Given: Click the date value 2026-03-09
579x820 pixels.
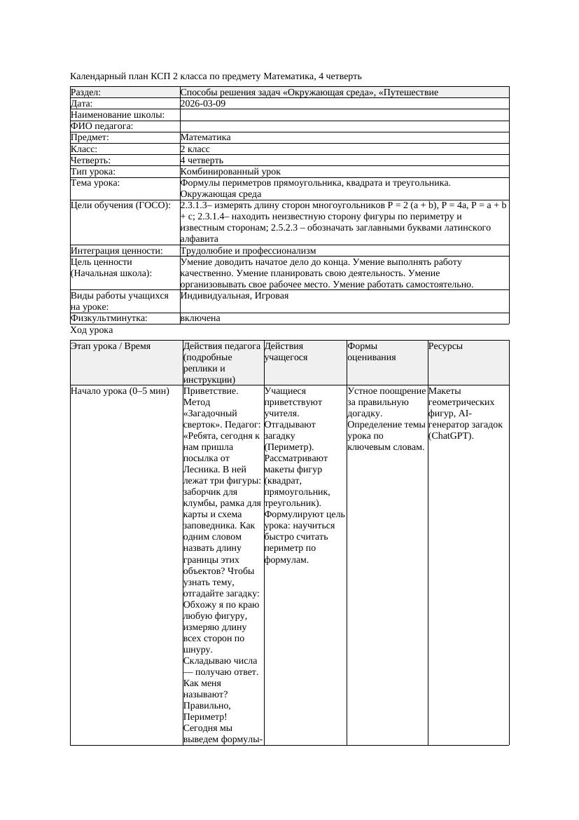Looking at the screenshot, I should [203, 104].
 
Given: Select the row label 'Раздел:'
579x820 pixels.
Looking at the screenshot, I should [86, 93].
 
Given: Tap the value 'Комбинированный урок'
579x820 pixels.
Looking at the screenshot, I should [230, 172].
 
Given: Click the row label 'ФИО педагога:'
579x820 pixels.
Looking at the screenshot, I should [102, 126].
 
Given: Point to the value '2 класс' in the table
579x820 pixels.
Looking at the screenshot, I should [195, 149].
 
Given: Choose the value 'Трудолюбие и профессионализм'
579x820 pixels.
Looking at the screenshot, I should [248, 251].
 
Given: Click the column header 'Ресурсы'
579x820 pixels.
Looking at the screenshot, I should [445, 346].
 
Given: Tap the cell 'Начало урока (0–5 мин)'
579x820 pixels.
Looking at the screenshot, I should [120, 391].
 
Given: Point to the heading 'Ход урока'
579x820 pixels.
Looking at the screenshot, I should [92, 330].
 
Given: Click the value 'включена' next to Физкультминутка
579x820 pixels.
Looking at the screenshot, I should [200, 318].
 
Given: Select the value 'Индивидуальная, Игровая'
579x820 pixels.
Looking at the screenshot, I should [235, 296].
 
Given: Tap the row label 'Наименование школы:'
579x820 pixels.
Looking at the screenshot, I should [118, 115].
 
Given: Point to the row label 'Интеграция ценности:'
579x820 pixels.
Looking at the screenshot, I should [117, 251].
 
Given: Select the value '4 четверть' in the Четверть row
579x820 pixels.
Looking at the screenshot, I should [202, 160].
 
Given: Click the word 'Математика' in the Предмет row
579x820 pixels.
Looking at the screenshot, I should [205, 138].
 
